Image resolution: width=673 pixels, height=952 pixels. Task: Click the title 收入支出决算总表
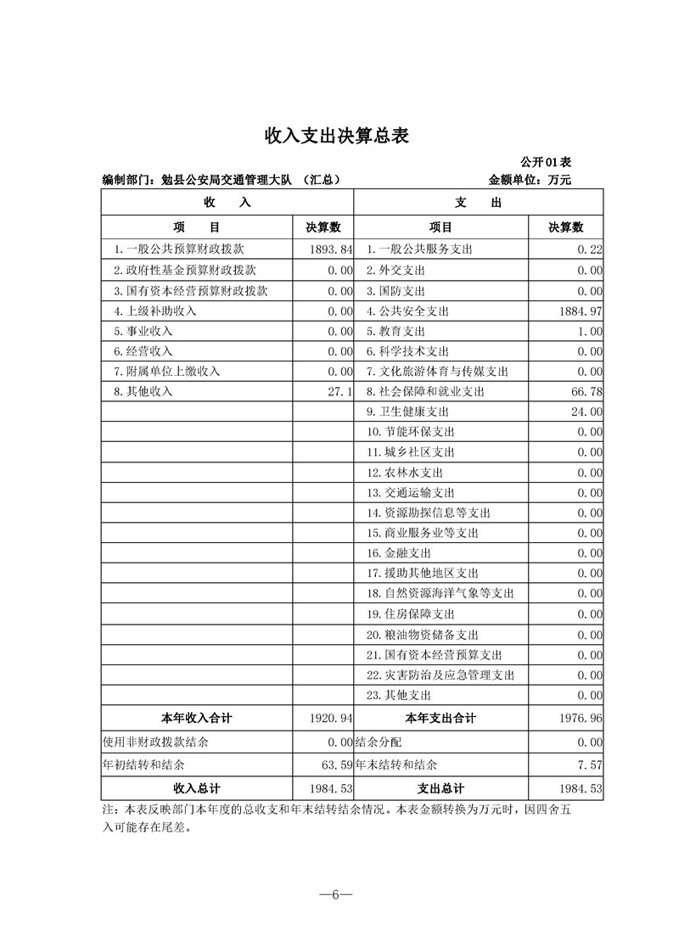pos(337,136)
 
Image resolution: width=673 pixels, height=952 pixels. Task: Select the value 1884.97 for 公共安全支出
pos(580,311)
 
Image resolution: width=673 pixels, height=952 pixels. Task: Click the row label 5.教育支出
pos(395,331)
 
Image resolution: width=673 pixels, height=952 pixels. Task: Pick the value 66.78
pos(586,391)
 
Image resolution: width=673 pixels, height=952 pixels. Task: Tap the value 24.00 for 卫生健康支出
pos(586,412)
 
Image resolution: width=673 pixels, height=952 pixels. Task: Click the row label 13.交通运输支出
pos(411,492)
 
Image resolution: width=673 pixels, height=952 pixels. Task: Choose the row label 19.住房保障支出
pos(411,613)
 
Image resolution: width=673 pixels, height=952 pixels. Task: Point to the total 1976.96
pos(580,718)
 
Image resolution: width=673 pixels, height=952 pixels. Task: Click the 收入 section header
pos(227,203)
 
